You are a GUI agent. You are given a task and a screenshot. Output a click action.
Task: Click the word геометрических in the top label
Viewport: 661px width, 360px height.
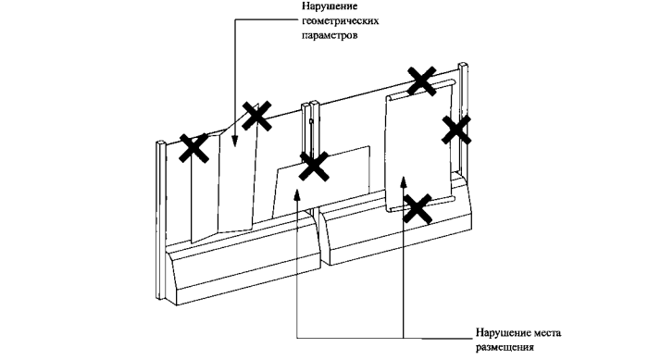click(x=340, y=21)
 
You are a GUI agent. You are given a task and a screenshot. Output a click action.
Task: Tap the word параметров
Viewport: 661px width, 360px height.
click(x=330, y=35)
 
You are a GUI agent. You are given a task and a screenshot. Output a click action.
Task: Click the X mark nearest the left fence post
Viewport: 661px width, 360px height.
click(x=193, y=148)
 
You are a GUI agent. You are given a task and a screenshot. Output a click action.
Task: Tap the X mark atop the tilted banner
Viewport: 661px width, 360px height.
click(x=256, y=116)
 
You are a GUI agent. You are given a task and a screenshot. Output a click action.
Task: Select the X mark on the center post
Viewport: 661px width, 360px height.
click(x=314, y=167)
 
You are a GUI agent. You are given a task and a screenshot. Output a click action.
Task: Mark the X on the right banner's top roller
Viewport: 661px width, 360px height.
click(x=421, y=81)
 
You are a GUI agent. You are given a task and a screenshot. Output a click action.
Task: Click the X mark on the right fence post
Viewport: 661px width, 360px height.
click(x=456, y=130)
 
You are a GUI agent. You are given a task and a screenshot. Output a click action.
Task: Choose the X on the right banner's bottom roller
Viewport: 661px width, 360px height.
click(x=418, y=208)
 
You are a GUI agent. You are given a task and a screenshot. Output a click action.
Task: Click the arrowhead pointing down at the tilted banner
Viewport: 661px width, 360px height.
click(x=235, y=142)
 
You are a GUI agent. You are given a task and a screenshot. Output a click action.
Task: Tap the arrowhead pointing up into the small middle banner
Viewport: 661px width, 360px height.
click(x=297, y=194)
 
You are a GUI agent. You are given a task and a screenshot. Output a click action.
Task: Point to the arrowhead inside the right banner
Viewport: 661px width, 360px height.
click(x=404, y=181)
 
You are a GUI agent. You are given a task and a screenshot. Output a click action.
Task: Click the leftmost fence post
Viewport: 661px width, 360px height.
click(x=160, y=219)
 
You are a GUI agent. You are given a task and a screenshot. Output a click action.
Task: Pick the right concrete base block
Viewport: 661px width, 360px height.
click(x=396, y=227)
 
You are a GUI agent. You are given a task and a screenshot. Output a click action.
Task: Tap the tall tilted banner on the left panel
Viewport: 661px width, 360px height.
click(x=224, y=184)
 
